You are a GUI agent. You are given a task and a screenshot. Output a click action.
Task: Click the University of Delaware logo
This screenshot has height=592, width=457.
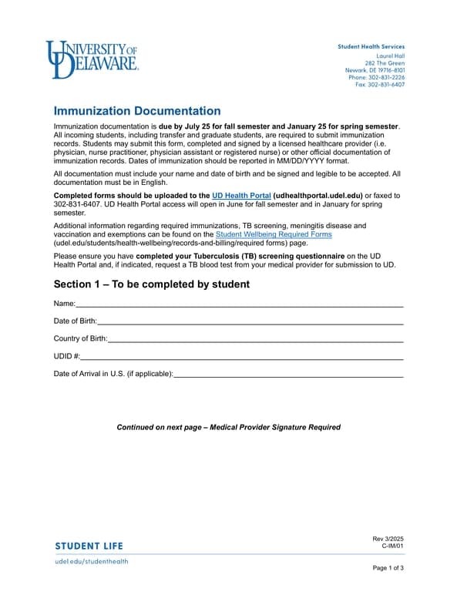tap(92, 59)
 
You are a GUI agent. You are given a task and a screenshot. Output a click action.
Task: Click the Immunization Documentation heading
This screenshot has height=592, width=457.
tap(137, 111)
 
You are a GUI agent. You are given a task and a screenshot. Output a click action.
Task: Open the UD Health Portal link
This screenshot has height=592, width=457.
tap(241, 196)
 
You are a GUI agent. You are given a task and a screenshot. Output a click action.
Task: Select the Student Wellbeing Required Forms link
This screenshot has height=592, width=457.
tap(274, 234)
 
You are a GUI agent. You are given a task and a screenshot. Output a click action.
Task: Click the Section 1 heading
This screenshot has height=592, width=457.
tap(152, 284)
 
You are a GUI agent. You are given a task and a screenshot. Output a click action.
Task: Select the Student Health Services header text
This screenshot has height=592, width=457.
tap(371, 47)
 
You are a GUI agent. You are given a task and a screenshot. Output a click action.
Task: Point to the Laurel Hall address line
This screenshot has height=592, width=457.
tap(390, 56)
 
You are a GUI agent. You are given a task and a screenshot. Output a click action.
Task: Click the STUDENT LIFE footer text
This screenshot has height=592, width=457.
tap(89, 547)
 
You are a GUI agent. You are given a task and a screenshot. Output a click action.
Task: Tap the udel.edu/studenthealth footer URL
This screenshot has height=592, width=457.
tap(91, 561)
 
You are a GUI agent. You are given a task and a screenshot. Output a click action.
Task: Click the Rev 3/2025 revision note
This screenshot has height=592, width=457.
tap(388, 538)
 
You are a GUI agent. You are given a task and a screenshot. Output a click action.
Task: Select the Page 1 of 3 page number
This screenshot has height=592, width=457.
tap(388, 568)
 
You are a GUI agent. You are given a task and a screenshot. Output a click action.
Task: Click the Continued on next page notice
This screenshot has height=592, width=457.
tap(228, 427)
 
